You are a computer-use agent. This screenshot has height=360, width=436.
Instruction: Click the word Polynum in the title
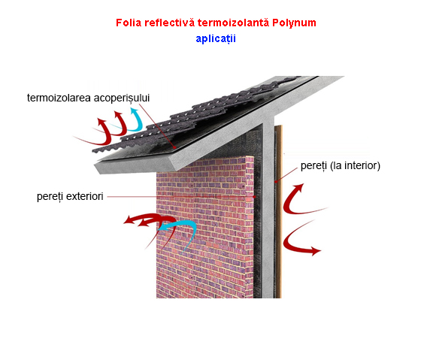[x=294, y=23]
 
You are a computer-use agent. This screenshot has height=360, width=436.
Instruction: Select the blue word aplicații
[x=216, y=38]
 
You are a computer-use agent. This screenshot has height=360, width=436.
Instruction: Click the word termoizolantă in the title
[x=233, y=23]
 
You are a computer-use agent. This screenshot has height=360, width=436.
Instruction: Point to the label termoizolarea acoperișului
[x=88, y=98]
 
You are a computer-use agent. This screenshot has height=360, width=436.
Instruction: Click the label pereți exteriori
[x=70, y=197]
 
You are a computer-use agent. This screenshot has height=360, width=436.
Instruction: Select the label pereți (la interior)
[x=341, y=165]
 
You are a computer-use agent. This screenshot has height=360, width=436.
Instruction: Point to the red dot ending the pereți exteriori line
[x=254, y=197]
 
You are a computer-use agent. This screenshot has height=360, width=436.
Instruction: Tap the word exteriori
[x=85, y=196]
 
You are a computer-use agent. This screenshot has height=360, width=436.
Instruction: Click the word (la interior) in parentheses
[x=355, y=165]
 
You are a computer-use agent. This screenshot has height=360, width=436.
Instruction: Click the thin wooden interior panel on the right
[x=278, y=211]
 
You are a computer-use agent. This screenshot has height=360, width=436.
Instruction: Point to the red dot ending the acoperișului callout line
[x=174, y=148]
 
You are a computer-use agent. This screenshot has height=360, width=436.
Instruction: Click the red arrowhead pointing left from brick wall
[x=129, y=220]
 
